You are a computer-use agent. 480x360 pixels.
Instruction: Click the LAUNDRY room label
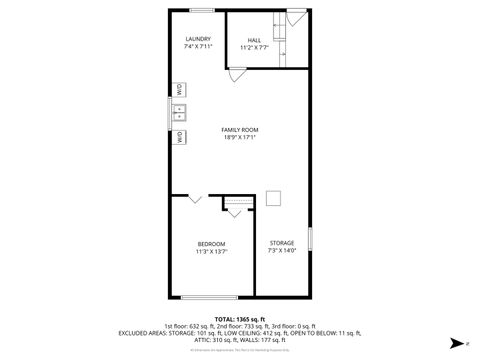[197, 39]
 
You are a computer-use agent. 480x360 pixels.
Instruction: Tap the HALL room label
[254, 40]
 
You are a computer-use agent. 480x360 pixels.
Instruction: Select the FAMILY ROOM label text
[240, 130]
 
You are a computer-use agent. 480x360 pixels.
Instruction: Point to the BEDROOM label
[211, 244]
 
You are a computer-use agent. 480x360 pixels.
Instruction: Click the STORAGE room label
[282, 243]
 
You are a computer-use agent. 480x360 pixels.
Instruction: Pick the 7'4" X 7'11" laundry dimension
[197, 47]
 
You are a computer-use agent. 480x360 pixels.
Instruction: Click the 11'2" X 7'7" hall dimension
[254, 48]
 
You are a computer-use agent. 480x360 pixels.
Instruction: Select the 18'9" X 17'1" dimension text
[240, 138]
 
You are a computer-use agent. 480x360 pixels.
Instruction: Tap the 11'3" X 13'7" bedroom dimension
[211, 252]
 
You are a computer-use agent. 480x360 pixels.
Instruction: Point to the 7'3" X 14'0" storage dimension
[282, 251]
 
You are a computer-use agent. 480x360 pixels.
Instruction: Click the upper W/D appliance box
[179, 89]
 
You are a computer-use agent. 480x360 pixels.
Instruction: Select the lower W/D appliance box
[179, 138]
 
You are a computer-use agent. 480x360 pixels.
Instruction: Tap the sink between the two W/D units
[180, 113]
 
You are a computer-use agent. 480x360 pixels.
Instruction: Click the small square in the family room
[273, 198]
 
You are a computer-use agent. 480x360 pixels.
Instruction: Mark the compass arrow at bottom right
[454, 341]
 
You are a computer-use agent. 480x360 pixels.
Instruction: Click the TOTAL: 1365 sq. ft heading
[239, 317]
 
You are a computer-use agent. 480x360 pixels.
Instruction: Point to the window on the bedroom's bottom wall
[210, 297]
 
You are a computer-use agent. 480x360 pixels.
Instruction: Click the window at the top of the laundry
[200, 10]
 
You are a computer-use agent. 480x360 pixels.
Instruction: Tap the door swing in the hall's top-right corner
[296, 19]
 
